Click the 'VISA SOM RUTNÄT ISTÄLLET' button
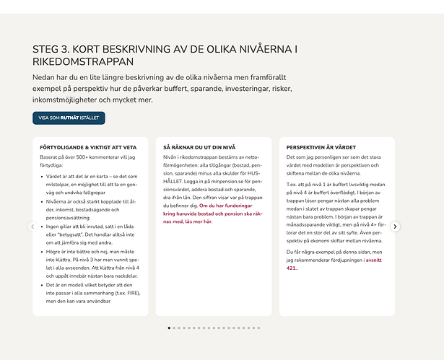(69, 118)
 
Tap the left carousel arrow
(32, 227)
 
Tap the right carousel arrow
(395, 227)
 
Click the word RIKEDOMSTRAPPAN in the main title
(83, 62)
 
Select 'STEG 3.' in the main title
(51, 49)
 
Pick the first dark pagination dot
(169, 328)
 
